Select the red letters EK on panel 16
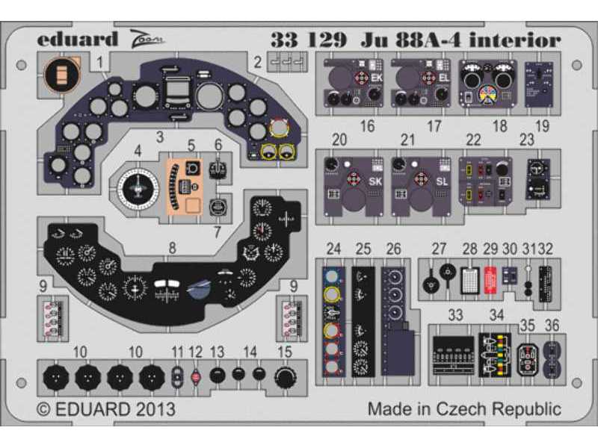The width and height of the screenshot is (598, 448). tap(374, 76)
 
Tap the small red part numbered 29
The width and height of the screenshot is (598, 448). tap(491, 278)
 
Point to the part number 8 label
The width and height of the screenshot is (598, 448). tap(173, 247)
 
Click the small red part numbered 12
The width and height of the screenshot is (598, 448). tap(196, 377)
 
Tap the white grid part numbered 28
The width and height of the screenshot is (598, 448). tap(470, 277)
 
